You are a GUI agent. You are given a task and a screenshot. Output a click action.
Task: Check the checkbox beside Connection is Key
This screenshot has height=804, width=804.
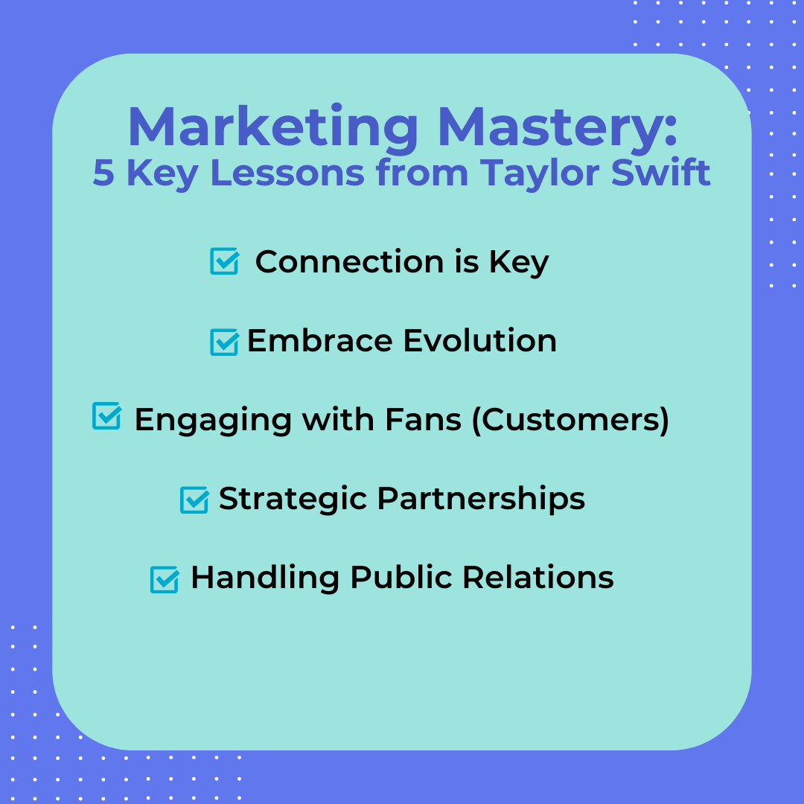(x=224, y=262)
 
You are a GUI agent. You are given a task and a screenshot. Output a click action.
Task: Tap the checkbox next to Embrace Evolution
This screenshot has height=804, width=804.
(x=224, y=342)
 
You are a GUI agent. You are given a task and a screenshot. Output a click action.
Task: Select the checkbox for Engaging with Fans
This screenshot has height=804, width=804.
(x=106, y=416)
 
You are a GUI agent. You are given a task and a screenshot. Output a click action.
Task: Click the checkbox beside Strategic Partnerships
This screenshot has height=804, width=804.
(x=194, y=500)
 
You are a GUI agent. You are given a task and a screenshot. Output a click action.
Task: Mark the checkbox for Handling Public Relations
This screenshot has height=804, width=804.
(x=165, y=579)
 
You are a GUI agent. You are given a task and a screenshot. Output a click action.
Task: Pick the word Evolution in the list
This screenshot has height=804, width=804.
(x=479, y=341)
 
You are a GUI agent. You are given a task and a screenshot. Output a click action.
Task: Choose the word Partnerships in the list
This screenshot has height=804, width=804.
(x=481, y=500)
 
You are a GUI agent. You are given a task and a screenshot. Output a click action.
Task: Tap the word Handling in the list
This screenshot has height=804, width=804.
(x=266, y=578)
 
